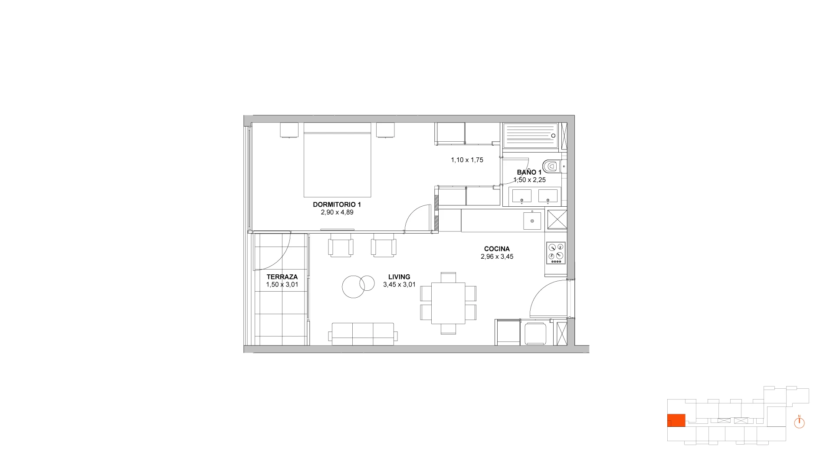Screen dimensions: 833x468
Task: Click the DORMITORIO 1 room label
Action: point(337,205)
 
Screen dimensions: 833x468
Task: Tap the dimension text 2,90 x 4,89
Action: point(337,212)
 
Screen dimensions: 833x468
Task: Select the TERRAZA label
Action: point(282,277)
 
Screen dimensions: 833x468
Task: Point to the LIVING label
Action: point(399,277)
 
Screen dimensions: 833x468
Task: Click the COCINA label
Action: point(497,249)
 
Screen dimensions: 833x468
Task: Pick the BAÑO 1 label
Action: point(529,172)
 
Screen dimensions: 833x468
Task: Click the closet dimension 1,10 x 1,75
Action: point(467,160)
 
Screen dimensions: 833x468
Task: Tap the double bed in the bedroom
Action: point(338,160)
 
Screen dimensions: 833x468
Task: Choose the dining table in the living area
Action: point(448,303)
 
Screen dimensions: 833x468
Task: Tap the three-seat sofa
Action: point(363,334)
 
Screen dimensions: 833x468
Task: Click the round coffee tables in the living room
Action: point(358,286)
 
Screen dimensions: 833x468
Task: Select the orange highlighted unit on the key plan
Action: point(676,420)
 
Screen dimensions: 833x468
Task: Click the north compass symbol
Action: point(799,422)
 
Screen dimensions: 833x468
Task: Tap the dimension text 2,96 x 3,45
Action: point(497,257)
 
